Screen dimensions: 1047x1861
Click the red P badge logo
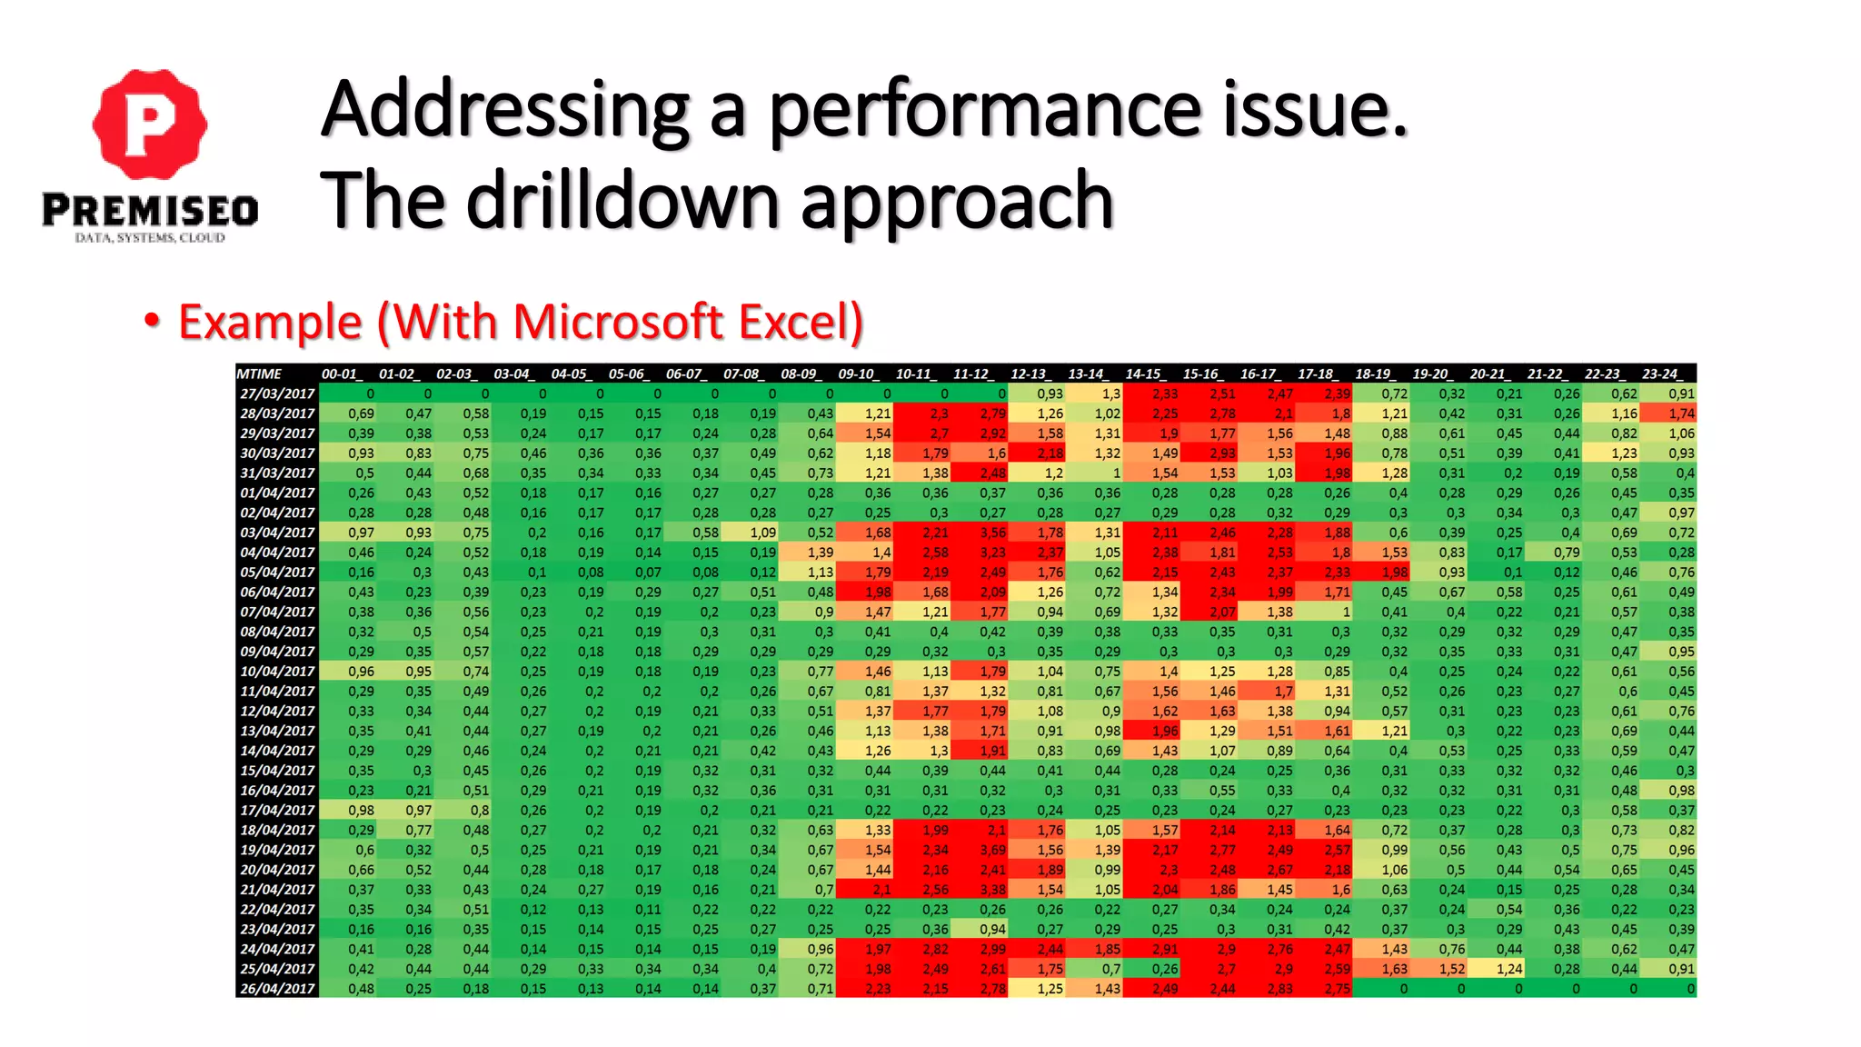click(x=150, y=124)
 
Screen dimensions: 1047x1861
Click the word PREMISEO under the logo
click(x=150, y=211)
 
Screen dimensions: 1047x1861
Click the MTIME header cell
click(x=260, y=374)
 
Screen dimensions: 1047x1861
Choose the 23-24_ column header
click(x=1663, y=374)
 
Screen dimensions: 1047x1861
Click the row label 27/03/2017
click(x=277, y=394)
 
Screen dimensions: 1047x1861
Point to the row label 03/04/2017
click(x=277, y=533)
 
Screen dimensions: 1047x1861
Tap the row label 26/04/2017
click(x=277, y=989)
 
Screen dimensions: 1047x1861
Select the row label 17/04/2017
click(x=277, y=810)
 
